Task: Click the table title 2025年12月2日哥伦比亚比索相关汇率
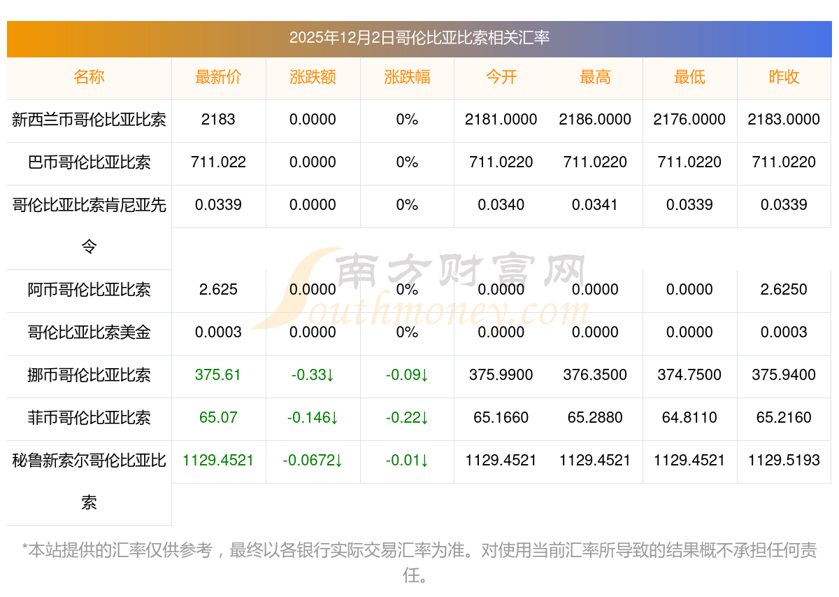pos(419,38)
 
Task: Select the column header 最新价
pos(218,78)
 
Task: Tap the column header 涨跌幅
pos(407,78)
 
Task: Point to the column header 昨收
pos(784,78)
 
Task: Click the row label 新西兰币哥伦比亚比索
pos(89,120)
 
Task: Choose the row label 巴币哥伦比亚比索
pos(89,162)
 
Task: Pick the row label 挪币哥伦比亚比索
pos(89,375)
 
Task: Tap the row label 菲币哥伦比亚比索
pos(89,418)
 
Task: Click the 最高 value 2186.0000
pos(595,120)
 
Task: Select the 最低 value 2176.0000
pos(689,120)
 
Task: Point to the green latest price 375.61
pos(218,375)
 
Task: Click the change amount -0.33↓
pos(313,375)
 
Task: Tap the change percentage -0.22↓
pos(407,418)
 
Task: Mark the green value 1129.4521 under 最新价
pos(218,461)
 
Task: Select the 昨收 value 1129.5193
pos(784,461)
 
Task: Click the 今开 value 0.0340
pos(501,205)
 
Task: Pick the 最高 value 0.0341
pos(595,205)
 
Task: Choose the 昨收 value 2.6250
pos(784,290)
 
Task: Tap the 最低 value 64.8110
pos(689,418)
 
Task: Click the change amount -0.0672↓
pos(313,461)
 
